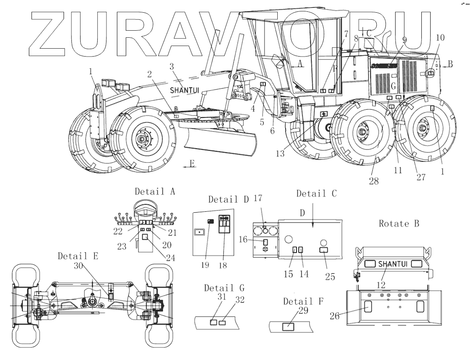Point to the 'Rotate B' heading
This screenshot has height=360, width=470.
pyautogui.click(x=399, y=224)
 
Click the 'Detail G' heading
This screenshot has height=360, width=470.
pyautogui.click(x=224, y=288)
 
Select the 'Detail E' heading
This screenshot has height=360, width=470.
pyautogui.click(x=78, y=256)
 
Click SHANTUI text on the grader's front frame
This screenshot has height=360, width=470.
pyautogui.click(x=184, y=90)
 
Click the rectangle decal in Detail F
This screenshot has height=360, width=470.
pyautogui.click(x=289, y=327)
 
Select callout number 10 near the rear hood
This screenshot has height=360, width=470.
pyautogui.click(x=440, y=38)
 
